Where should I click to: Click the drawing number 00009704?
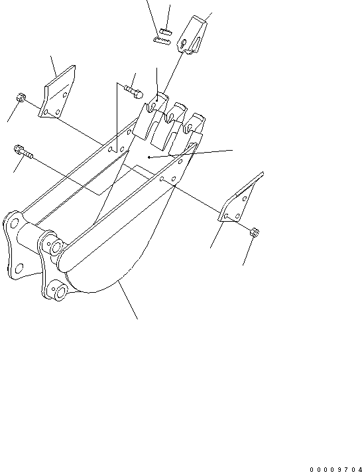[x=335, y=467]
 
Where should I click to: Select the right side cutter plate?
[x=239, y=202]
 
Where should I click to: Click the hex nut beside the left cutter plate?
[x=21, y=98]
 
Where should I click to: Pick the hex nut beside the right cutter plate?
[x=255, y=232]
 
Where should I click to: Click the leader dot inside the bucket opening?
[x=149, y=157]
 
